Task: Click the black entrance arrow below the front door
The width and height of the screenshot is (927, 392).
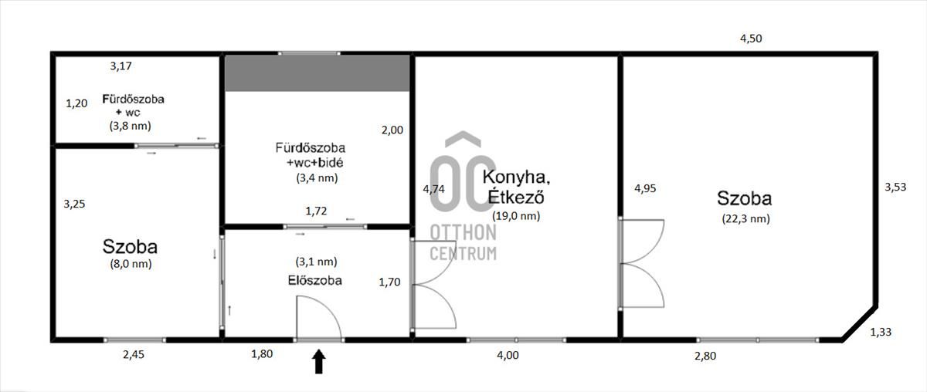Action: pyautogui.click(x=318, y=361)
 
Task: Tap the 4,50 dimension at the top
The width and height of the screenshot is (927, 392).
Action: pyautogui.click(x=751, y=39)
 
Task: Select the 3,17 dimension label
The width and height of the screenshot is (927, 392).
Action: pyautogui.click(x=121, y=66)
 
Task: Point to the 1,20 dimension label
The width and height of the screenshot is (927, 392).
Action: pyautogui.click(x=76, y=103)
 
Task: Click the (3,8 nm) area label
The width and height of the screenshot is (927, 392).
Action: pyautogui.click(x=131, y=126)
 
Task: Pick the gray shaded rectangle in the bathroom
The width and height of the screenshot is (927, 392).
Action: pyautogui.click(x=317, y=73)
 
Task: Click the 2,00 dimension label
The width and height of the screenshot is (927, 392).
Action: pyautogui.click(x=392, y=130)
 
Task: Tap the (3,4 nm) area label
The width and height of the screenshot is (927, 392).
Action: pyautogui.click(x=317, y=177)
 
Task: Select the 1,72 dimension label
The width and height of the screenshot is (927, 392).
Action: pyautogui.click(x=316, y=211)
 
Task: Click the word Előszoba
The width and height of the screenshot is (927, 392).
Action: pyautogui.click(x=315, y=280)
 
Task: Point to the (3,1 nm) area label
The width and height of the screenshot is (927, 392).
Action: pyautogui.click(x=317, y=262)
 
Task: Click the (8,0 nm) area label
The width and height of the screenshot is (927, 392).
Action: pyautogui.click(x=131, y=264)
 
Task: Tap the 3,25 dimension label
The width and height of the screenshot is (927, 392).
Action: pyautogui.click(x=74, y=204)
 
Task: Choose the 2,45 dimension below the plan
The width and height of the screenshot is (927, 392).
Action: pyautogui.click(x=134, y=355)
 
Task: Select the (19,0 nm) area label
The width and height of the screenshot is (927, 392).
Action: pyautogui.click(x=516, y=216)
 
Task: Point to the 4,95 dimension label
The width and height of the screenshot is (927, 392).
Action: pyautogui.click(x=645, y=188)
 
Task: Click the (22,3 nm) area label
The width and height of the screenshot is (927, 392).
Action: pyautogui.click(x=746, y=218)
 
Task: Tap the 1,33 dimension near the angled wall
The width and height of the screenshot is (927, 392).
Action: pyautogui.click(x=881, y=332)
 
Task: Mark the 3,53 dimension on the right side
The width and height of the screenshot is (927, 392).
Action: pyautogui.click(x=895, y=187)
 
